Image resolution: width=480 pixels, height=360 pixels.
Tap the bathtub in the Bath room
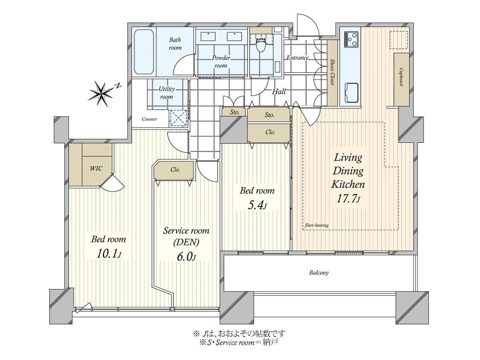tap(144, 52)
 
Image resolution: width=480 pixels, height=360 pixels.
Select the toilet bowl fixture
tap(260, 44)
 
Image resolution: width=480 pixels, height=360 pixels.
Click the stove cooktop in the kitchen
tap(351, 39)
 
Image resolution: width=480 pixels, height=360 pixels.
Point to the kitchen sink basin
tap(352, 93)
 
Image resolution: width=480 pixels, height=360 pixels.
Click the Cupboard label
tap(401, 77)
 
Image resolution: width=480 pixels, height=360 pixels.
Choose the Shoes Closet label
tap(332, 72)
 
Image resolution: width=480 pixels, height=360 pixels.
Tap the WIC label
tap(96, 168)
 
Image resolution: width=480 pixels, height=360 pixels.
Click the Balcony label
tap(319, 272)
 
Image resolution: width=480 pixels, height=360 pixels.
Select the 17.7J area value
tap(348, 199)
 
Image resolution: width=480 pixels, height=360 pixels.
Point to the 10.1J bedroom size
tap(109, 254)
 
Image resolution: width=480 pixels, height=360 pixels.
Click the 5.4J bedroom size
tap(257, 206)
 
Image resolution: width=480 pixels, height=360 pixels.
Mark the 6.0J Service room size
tap(186, 257)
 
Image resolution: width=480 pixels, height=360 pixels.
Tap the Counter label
tap(149, 119)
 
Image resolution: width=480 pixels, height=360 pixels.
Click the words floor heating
tap(317, 225)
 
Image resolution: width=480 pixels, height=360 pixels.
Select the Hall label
tap(279, 91)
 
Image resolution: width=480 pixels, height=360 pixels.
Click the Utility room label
tap(167, 93)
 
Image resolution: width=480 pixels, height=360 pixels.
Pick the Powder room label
tap(221, 62)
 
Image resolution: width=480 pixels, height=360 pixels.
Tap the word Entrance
tap(298, 58)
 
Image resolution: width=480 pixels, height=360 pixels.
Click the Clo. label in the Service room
tap(175, 170)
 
